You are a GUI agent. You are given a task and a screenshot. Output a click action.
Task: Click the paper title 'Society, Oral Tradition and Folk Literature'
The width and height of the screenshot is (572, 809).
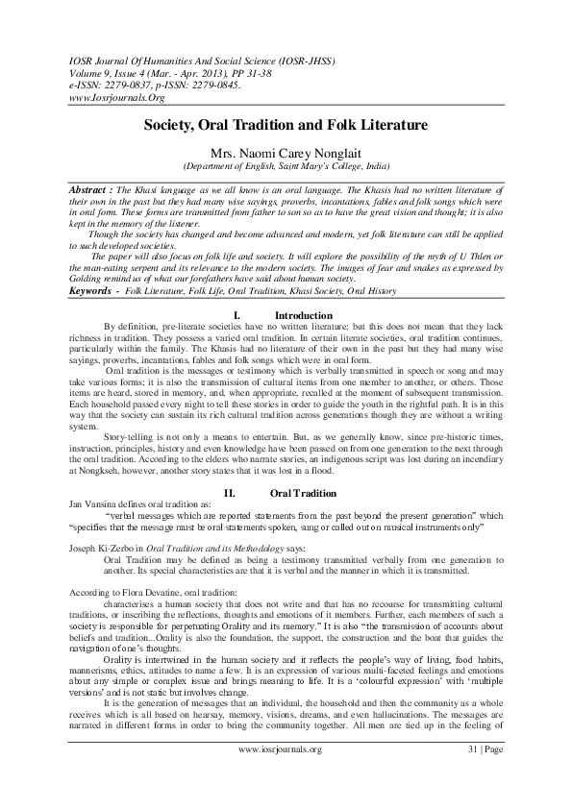(x=286, y=125)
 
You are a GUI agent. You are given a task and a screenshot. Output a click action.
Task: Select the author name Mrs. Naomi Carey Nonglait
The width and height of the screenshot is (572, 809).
(x=286, y=151)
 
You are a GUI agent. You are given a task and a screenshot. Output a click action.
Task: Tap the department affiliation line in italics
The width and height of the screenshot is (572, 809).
(x=286, y=165)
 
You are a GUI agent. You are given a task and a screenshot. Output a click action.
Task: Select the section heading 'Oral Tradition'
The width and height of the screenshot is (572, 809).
(x=304, y=492)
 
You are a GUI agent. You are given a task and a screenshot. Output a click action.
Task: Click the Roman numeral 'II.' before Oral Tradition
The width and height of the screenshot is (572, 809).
(x=230, y=492)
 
